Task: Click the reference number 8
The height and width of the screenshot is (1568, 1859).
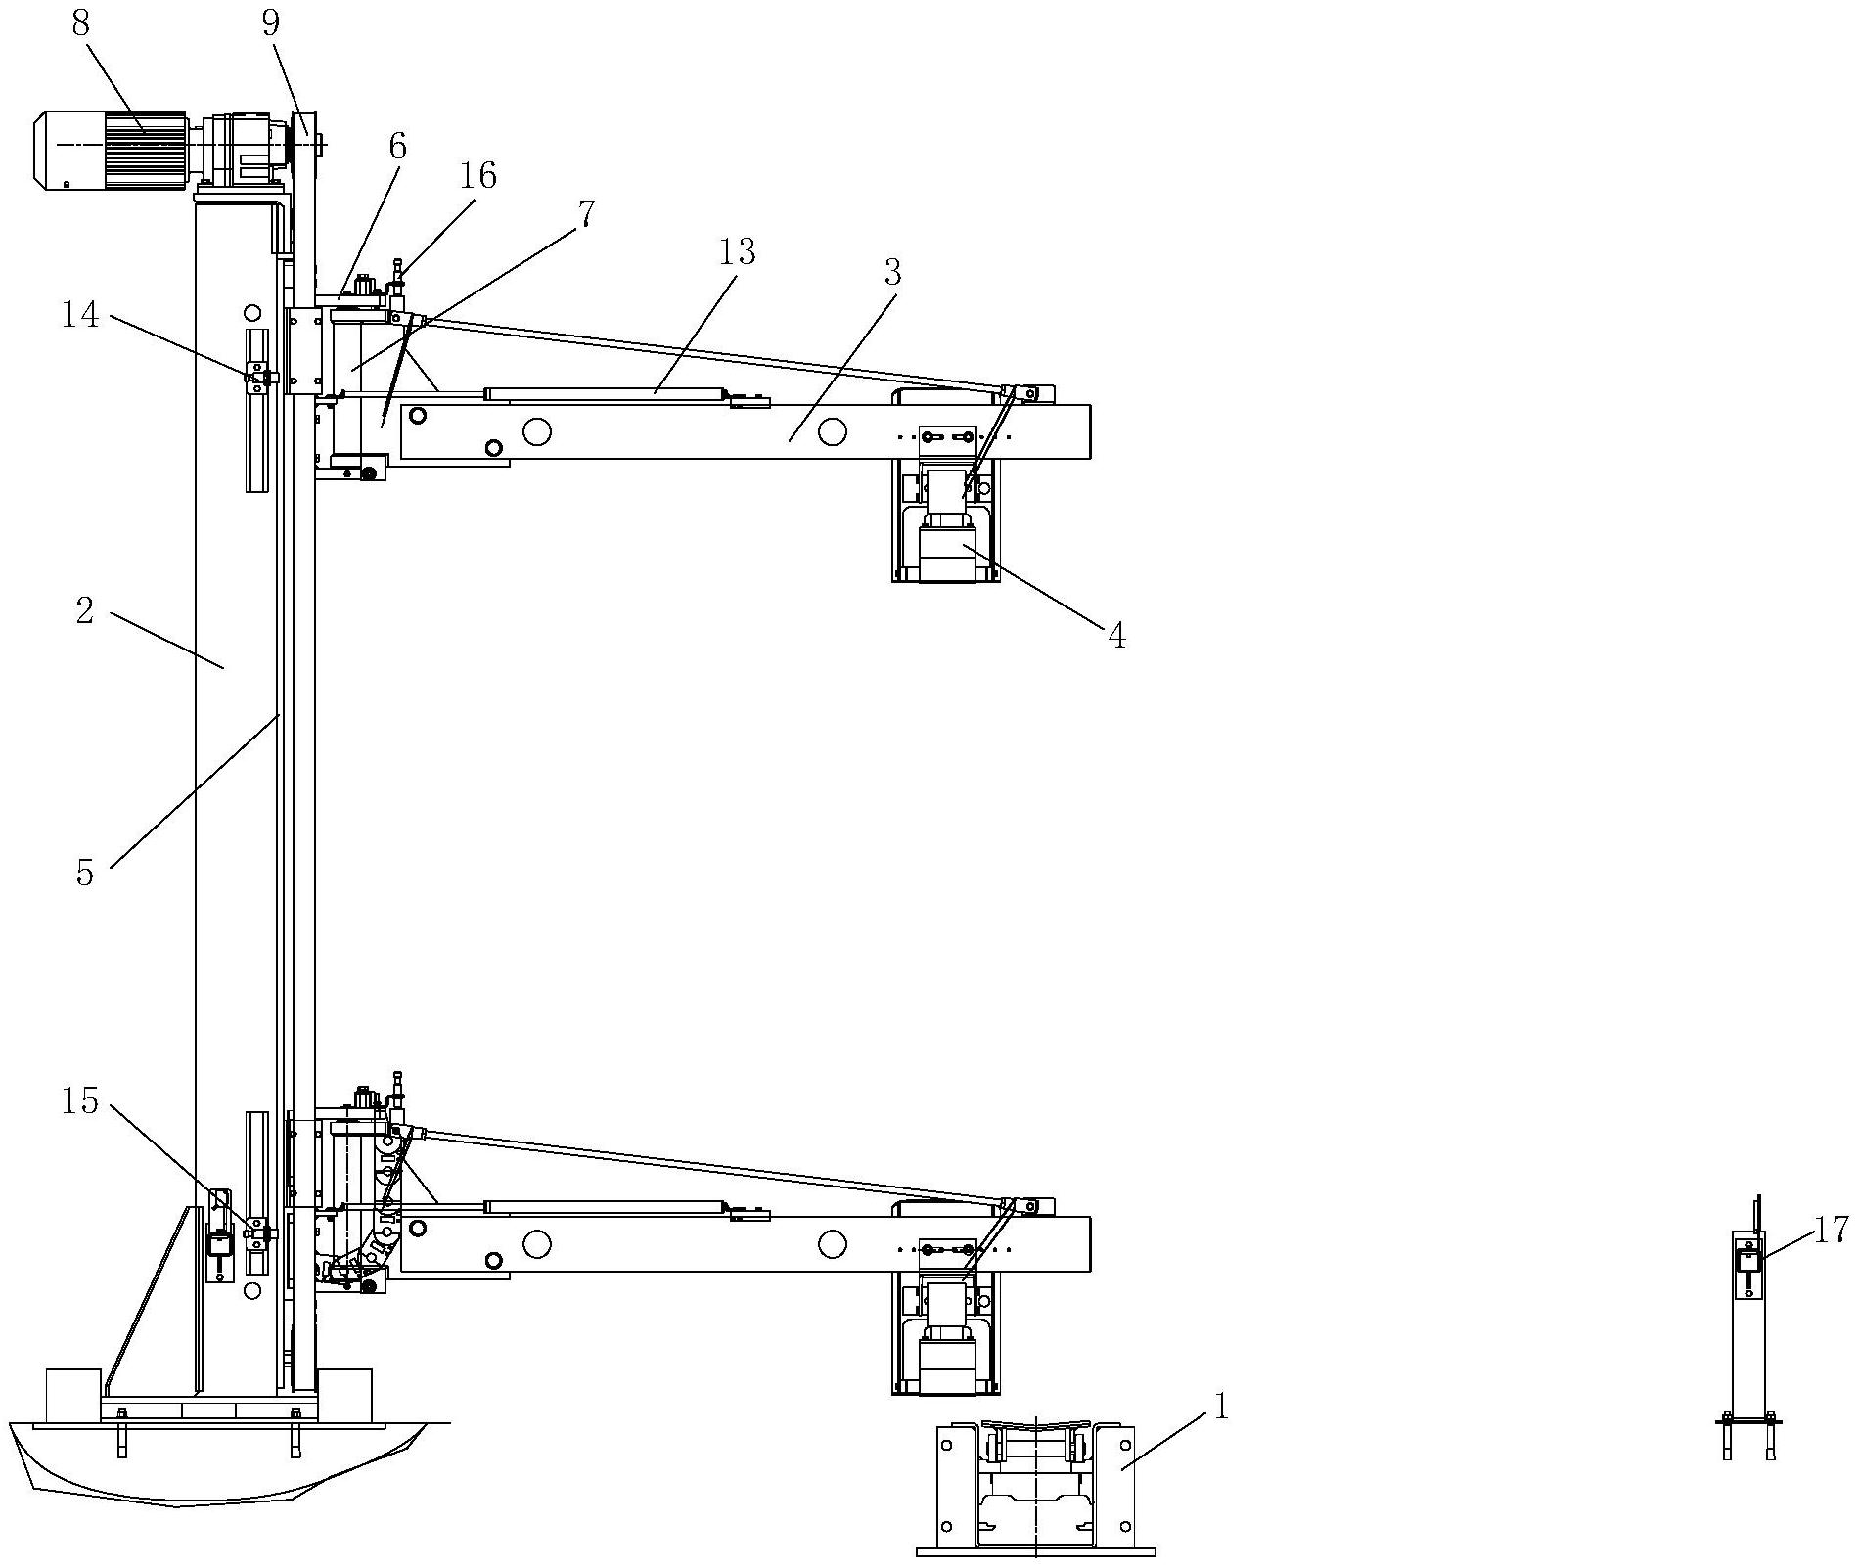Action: coord(80,24)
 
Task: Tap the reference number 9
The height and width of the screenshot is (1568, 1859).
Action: coord(271,24)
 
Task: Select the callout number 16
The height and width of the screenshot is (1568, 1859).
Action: coord(478,176)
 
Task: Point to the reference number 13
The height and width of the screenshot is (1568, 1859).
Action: coord(737,252)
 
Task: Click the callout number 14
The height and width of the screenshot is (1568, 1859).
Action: coord(81,315)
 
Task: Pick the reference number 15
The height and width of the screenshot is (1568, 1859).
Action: coord(81,1101)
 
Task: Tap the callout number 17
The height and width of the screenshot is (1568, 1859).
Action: coord(1832,1229)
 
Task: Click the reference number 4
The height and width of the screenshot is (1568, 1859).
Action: coord(1116,636)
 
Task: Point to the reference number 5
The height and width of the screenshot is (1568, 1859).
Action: coord(85,873)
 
